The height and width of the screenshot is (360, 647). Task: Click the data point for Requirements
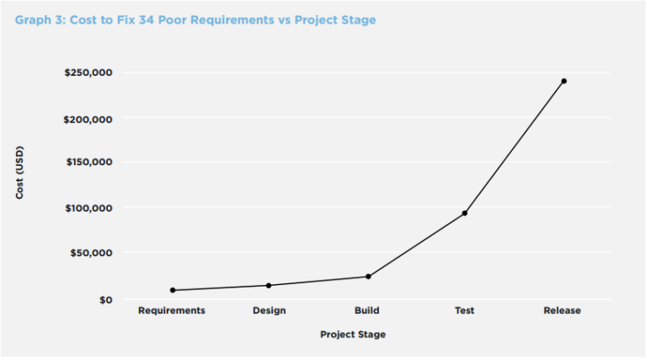(x=173, y=290)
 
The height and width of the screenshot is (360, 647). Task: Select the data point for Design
(x=269, y=285)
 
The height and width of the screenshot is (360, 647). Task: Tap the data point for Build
(x=368, y=277)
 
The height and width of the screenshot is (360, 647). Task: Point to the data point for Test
(x=464, y=213)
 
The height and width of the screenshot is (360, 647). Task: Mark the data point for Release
(x=564, y=81)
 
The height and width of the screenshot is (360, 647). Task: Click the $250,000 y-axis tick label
(x=88, y=73)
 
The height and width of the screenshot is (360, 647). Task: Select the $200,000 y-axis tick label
(x=88, y=119)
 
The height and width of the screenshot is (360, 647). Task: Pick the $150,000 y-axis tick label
(x=88, y=162)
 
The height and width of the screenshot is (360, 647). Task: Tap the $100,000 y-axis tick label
(x=88, y=207)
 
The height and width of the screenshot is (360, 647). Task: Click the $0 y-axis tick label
(x=104, y=299)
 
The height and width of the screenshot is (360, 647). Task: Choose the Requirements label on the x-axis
(x=172, y=310)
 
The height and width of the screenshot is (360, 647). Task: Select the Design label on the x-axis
(x=269, y=310)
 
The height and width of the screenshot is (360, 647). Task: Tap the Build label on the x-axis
(x=367, y=310)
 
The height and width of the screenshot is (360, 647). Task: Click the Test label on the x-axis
(x=464, y=310)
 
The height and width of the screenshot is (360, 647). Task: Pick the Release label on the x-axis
(x=562, y=310)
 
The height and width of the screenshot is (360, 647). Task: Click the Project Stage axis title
(x=353, y=335)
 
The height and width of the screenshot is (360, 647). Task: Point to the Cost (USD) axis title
(x=19, y=173)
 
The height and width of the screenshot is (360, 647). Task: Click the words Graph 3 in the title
(x=39, y=19)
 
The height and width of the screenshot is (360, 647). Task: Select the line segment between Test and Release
(x=514, y=148)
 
